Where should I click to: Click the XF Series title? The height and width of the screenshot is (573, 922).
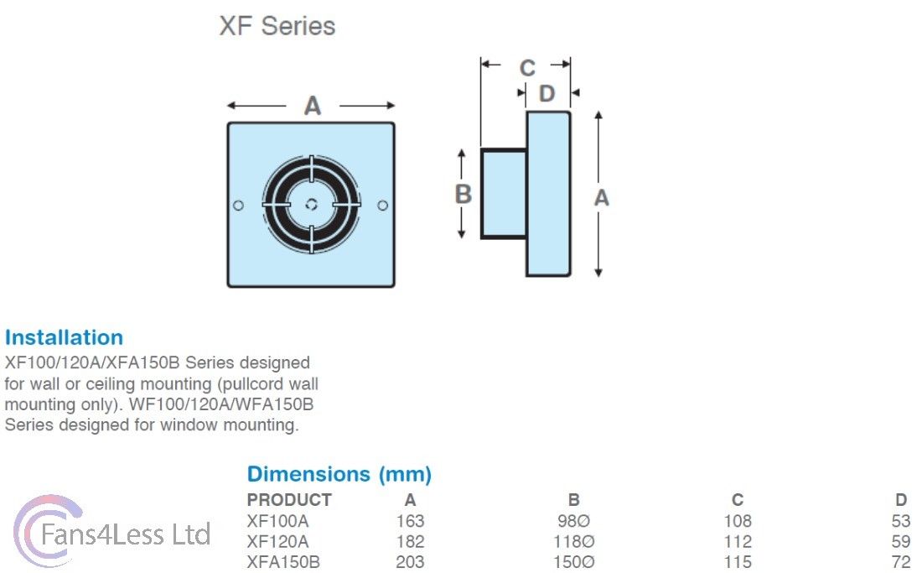click(277, 25)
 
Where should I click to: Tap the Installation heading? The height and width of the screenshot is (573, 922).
click(64, 338)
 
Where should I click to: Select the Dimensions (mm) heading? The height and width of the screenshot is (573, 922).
click(339, 474)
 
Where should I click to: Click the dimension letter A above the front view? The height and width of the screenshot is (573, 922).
click(312, 107)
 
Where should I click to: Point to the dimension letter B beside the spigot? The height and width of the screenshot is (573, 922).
click(463, 194)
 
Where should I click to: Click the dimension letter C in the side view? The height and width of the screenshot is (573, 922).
click(526, 68)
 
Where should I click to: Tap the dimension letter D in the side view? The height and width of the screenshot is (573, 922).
click(546, 93)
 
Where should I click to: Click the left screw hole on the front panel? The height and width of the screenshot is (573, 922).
click(238, 206)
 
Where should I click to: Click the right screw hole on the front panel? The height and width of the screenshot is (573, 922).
click(383, 206)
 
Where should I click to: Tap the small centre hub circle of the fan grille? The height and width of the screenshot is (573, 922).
click(311, 205)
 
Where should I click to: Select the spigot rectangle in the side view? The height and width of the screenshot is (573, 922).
click(503, 194)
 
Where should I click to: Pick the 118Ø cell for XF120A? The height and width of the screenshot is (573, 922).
click(573, 542)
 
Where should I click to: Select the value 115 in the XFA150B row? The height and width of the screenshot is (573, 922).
click(738, 562)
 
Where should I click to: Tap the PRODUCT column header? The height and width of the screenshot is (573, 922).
click(289, 500)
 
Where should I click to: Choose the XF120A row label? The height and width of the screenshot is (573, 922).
click(277, 542)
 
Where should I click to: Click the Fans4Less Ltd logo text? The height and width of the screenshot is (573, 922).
click(125, 534)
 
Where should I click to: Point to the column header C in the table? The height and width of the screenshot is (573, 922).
click(738, 500)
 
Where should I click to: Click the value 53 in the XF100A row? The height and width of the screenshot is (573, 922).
click(901, 521)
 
